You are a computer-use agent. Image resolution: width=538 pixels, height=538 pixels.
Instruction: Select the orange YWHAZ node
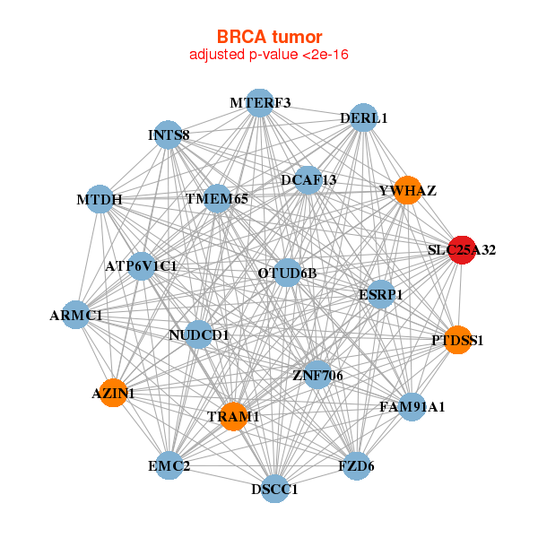point(407,190)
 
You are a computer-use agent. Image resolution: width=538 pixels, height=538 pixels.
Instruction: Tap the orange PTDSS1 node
point(457,340)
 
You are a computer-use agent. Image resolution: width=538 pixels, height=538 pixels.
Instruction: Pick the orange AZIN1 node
point(113,393)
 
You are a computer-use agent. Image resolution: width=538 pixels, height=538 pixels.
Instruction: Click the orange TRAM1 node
point(233,416)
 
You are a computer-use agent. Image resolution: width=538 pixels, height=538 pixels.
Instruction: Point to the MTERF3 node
point(259,103)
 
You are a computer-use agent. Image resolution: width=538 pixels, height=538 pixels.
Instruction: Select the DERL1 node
point(362,117)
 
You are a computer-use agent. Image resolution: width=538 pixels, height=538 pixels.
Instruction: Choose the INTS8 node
point(169,135)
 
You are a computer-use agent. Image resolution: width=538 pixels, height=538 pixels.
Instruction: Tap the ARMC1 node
point(76,315)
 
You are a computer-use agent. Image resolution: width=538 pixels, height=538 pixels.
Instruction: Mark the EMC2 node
point(169,465)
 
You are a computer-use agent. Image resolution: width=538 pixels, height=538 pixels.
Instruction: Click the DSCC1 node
point(275,489)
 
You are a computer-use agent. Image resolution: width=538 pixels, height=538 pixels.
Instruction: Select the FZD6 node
point(356,465)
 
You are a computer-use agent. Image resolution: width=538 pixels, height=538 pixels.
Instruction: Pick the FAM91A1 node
point(412,407)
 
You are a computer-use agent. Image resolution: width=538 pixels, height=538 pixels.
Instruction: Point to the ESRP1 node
point(381,294)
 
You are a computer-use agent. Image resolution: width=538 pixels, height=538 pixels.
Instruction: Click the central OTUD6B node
point(287,272)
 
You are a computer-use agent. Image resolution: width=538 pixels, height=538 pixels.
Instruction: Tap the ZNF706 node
point(317,374)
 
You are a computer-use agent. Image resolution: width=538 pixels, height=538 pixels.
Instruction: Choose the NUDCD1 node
point(199,335)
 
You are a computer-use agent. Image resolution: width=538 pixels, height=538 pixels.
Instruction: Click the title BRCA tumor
point(269,37)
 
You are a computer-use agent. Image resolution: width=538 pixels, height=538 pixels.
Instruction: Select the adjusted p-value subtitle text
point(269,55)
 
